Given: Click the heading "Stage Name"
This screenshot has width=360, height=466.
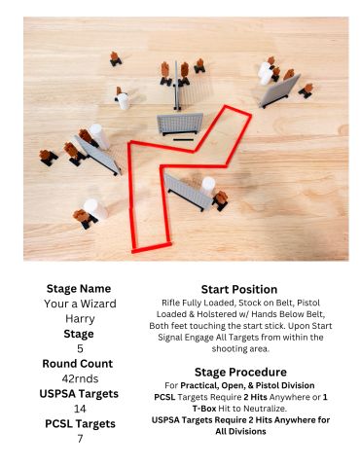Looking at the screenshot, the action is [x=79, y=288].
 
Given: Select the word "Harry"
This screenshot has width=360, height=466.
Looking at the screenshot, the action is [x=80, y=319].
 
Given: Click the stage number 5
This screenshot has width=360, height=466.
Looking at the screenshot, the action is [x=80, y=348].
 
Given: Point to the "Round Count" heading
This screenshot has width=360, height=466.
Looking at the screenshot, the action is [x=78, y=364].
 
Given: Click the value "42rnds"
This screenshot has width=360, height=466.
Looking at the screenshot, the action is [x=80, y=378].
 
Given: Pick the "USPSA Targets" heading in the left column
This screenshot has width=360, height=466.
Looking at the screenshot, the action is [x=79, y=394].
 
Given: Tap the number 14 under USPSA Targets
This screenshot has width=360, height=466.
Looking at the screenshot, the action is [x=80, y=409].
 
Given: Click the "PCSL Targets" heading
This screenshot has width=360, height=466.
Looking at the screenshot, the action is [x=80, y=423].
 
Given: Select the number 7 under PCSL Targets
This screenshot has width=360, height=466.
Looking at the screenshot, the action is [x=80, y=439].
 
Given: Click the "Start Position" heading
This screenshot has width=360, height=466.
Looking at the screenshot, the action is [x=239, y=289].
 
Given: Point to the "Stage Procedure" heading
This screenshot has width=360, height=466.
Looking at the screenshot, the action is [x=240, y=372].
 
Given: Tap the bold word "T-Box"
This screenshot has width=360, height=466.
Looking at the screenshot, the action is [x=204, y=409].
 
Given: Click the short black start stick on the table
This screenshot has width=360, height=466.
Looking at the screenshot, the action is [x=183, y=140].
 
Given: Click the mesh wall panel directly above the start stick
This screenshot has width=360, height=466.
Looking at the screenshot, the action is [x=180, y=124].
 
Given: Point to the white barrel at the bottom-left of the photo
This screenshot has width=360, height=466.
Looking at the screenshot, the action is [x=95, y=209].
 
